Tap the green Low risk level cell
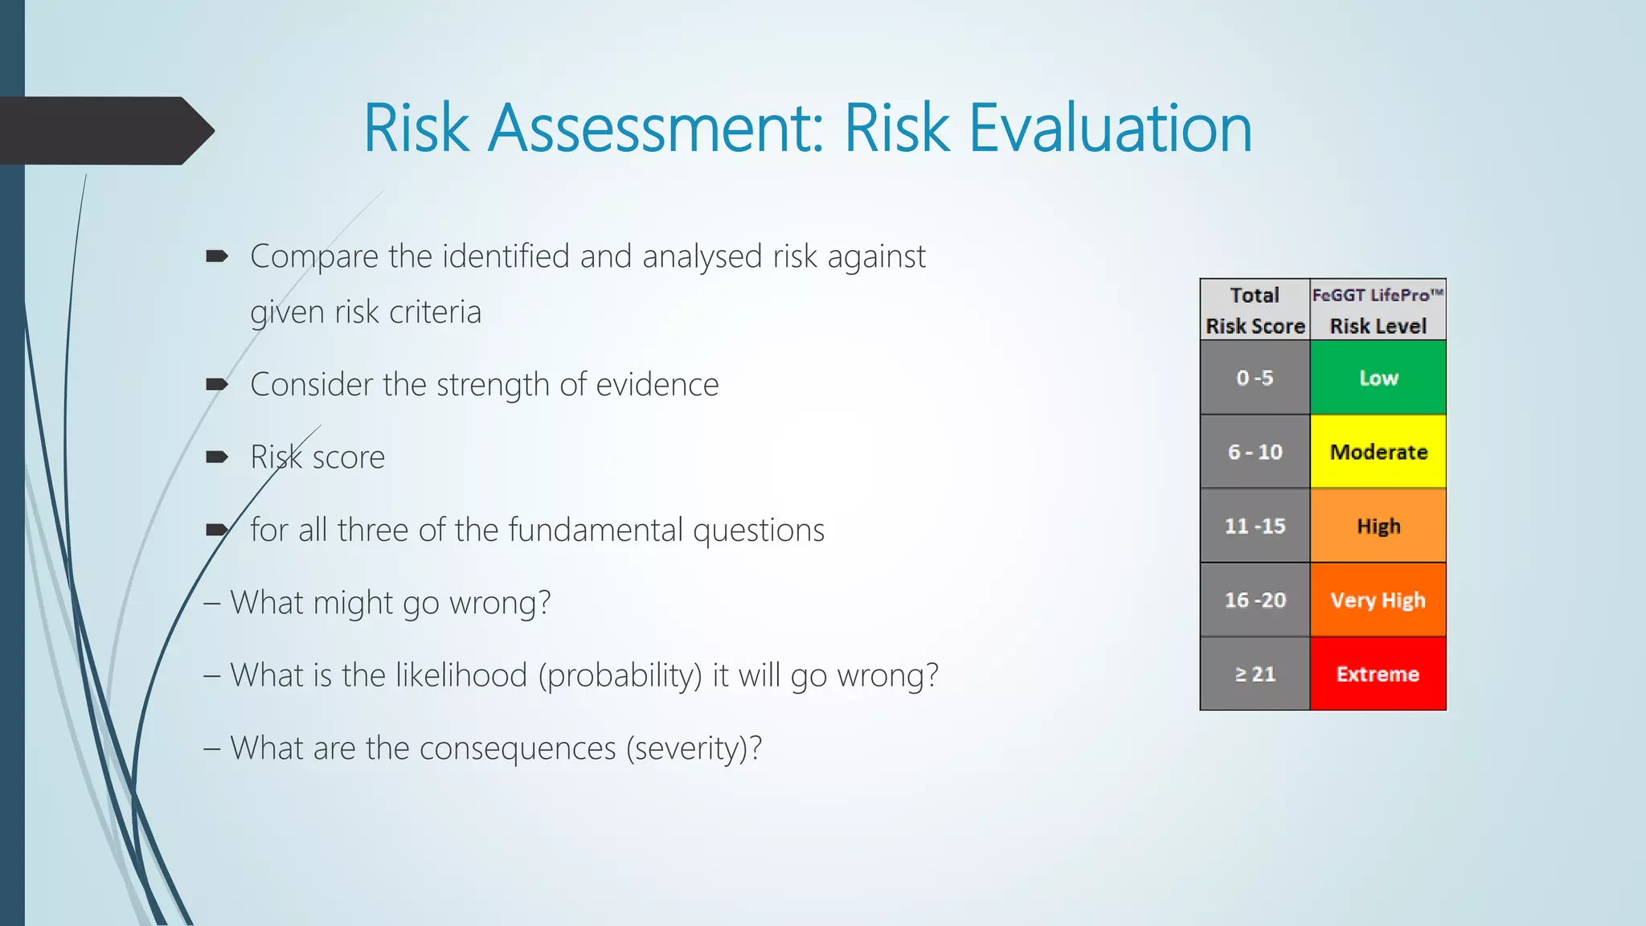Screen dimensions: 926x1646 1378,378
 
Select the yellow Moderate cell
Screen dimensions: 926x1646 1378,452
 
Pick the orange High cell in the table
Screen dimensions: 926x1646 1378,526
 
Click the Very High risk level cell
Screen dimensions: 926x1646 1378,600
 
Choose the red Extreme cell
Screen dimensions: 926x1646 1378,674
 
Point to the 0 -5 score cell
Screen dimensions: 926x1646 1255,378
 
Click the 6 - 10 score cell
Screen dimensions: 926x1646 1255,452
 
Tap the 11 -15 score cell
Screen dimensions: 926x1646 1255,526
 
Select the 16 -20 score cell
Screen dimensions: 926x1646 1255,600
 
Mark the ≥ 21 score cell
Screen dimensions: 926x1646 1255,674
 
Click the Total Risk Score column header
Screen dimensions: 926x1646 1255,310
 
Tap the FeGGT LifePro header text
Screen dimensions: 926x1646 1377,295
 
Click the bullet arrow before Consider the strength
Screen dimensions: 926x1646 217,384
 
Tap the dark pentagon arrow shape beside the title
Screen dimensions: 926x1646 104,130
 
